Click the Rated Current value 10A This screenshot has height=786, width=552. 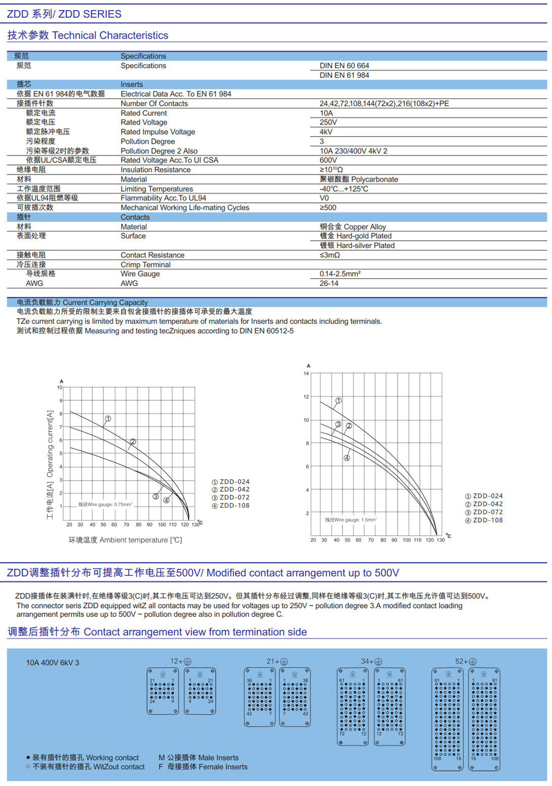click(x=326, y=113)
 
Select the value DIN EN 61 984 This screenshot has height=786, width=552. click(x=344, y=75)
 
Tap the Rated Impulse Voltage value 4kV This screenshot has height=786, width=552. click(x=326, y=132)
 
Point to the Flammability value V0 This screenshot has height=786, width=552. click(x=324, y=198)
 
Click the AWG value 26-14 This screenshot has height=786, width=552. click(x=329, y=284)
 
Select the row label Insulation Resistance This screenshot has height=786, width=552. click(x=156, y=170)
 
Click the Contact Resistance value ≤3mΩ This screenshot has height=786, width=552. click(x=330, y=255)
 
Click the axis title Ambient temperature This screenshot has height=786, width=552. click(x=125, y=540)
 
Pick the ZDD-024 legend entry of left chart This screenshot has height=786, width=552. click(x=231, y=482)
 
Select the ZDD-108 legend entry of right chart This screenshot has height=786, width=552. click(x=484, y=520)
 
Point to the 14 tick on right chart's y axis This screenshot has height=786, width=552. click(x=306, y=374)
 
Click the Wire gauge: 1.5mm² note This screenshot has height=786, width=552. click(x=351, y=520)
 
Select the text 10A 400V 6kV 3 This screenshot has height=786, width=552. click(x=52, y=663)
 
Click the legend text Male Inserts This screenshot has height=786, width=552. click(x=198, y=758)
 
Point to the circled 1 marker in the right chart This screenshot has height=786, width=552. click(x=338, y=401)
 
